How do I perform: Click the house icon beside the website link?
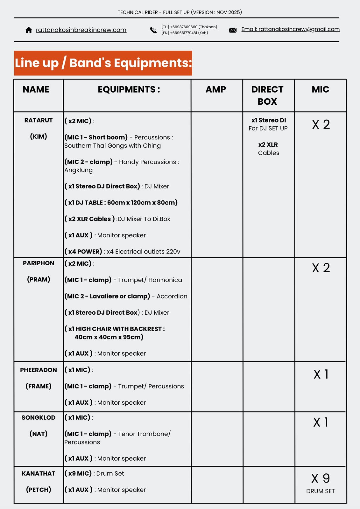tap(29, 30)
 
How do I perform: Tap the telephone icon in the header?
tap(153, 30)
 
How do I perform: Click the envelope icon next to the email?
tap(233, 30)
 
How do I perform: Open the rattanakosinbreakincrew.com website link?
tap(81, 30)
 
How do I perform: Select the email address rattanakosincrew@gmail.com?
tap(299, 29)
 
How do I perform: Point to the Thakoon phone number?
tap(189, 27)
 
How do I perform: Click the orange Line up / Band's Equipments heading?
tap(103, 63)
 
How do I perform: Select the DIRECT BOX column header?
tap(267, 95)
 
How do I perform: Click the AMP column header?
tap(216, 89)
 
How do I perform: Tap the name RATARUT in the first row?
tap(39, 120)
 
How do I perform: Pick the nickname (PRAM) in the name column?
tap(39, 279)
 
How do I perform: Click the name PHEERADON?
tap(39, 370)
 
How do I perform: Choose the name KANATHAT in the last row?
tap(39, 473)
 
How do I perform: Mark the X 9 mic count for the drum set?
tap(321, 478)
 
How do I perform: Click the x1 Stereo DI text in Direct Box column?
tap(269, 120)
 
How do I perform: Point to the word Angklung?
tap(78, 170)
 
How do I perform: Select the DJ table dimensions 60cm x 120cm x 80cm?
tap(142, 203)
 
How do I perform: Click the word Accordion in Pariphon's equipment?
tap(172, 296)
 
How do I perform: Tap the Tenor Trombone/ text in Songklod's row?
tap(144, 434)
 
